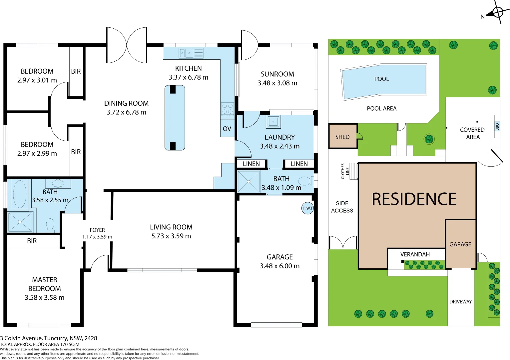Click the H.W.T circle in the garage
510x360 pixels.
coord(307,208)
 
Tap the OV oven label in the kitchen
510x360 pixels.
coord(227,129)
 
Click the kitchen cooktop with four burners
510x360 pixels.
coord(228,109)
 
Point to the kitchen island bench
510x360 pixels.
coord(175,118)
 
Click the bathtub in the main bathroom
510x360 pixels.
coord(20,194)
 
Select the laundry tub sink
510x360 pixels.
coord(273,122)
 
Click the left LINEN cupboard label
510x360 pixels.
coord(251,164)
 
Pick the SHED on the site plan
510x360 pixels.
coord(343,137)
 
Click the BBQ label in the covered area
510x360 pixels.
coord(497,127)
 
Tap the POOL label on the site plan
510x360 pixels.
coord(382,79)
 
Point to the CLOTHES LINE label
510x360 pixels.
coord(345,171)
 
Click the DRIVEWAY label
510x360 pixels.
coord(461,302)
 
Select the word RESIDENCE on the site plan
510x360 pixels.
coord(414,199)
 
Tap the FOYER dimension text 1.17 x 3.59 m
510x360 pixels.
coord(97,237)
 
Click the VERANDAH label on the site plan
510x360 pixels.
coord(415,254)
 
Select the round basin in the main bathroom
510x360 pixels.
coord(58,183)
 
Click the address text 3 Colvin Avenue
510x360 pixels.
coord(49,338)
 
